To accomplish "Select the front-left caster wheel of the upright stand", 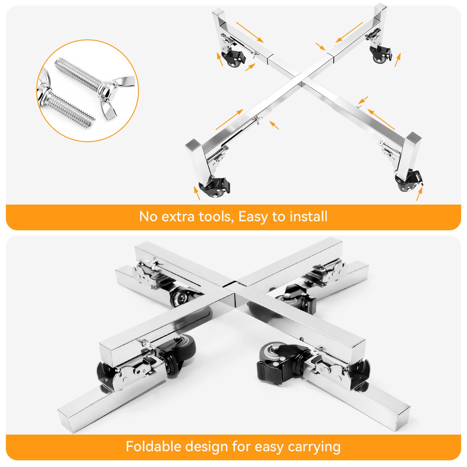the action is click(x=215, y=190).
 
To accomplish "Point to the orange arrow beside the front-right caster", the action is click(x=419, y=194).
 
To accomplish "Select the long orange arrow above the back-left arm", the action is click(x=250, y=32).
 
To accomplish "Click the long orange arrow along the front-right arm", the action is click(x=381, y=119).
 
